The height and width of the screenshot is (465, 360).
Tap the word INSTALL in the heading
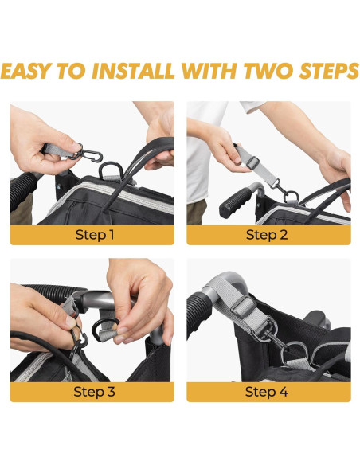pos(133,71)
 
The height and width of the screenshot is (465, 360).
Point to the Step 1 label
pos(95,235)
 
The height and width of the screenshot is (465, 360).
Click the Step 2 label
pos(267,235)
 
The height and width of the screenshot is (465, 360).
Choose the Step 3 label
pos(94,392)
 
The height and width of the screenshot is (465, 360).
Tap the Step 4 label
pos(266,392)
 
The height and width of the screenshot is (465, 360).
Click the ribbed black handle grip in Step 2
pos(235,202)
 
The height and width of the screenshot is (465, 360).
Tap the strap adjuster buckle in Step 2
pos(252,162)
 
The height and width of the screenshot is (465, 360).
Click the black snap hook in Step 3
pos(78,342)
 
